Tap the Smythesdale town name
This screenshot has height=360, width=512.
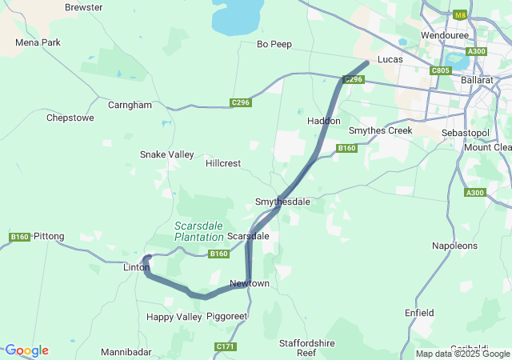pos(282,202)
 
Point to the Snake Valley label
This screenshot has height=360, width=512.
pos(166,154)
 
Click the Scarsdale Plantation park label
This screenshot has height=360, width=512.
pos(199,231)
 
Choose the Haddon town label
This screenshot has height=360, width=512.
pos(324,120)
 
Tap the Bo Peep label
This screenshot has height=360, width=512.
pos(274,44)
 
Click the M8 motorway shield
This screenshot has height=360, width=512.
pos(459,14)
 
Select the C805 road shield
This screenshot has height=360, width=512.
pos(441,70)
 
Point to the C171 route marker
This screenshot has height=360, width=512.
pos(226,346)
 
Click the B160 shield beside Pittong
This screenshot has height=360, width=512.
pos(19,237)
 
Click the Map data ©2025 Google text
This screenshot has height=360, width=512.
pos(462,354)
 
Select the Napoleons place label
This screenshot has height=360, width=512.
pos(454,246)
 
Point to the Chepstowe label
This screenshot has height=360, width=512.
pos(70,118)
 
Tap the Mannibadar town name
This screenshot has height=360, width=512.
pos(126,352)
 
